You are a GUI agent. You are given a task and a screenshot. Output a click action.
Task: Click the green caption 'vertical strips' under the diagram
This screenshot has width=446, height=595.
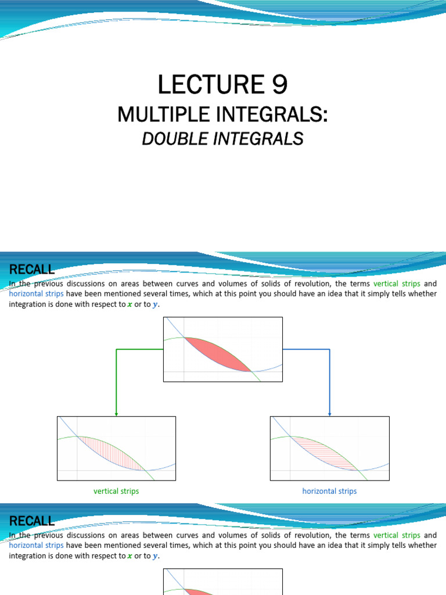pyautogui.click(x=116, y=491)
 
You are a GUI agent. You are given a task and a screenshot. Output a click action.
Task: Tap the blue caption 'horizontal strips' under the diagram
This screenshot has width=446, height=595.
pyautogui.click(x=329, y=491)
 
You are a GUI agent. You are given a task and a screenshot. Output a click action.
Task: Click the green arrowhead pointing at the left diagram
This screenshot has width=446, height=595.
pyautogui.click(x=117, y=414)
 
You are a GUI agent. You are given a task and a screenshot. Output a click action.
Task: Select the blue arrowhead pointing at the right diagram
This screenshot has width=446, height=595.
pyautogui.click(x=330, y=414)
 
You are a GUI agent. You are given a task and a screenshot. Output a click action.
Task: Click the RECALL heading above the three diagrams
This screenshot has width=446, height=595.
pyautogui.click(x=32, y=269)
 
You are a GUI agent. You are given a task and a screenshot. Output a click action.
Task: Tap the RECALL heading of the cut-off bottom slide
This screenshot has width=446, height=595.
pyautogui.click(x=32, y=521)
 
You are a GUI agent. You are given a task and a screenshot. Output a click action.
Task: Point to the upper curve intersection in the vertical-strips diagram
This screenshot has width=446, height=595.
pyautogui.click(x=77, y=436)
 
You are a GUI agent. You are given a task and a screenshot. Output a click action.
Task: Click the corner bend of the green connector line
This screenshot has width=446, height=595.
pyautogui.click(x=117, y=349)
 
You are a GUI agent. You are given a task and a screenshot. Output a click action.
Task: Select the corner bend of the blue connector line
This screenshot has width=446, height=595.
pyautogui.click(x=330, y=349)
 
